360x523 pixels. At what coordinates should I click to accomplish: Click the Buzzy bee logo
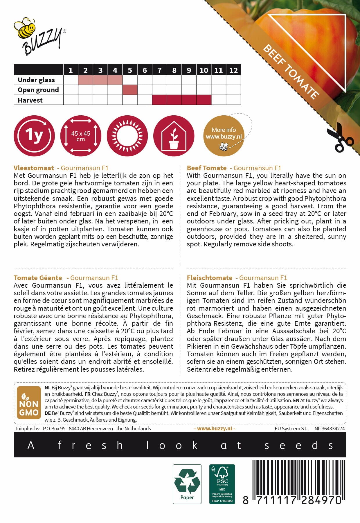(x=39, y=36)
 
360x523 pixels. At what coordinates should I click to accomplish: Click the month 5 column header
(x=130, y=70)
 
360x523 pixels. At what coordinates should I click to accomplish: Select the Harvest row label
(x=30, y=100)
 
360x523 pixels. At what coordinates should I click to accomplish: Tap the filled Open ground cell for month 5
(x=130, y=90)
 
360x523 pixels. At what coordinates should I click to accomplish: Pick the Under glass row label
(x=36, y=80)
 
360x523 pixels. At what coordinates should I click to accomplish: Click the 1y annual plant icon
(x=34, y=136)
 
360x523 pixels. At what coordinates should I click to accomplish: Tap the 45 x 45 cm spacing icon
(x=81, y=136)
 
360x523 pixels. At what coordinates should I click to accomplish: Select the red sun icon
(x=127, y=136)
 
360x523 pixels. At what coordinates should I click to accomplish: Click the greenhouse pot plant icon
(x=174, y=136)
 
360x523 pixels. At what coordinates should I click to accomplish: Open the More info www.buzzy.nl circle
(x=224, y=136)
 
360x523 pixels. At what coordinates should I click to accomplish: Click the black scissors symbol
(x=340, y=138)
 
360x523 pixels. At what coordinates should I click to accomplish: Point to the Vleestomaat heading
(x=34, y=168)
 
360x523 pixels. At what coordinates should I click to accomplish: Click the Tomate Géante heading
(x=38, y=278)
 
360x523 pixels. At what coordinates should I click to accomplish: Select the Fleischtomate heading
(x=210, y=278)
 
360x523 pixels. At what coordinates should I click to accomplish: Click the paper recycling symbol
(x=187, y=484)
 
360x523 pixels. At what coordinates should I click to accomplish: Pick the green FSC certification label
(x=222, y=484)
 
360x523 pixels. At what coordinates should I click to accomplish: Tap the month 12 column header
(x=233, y=70)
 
